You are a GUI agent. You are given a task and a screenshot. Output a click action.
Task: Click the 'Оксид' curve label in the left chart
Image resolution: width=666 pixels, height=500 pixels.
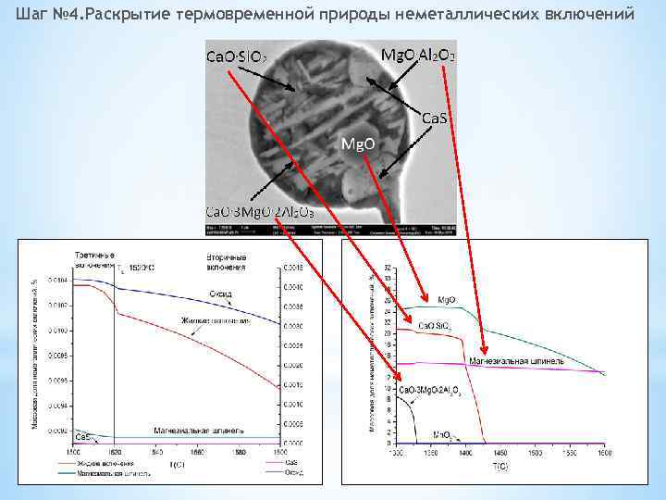pos(219,294)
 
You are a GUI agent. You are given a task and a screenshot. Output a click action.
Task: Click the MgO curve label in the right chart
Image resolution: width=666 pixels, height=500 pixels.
pos(445,300)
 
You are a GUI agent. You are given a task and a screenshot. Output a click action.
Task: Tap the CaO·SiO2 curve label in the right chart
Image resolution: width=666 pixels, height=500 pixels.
pos(435,326)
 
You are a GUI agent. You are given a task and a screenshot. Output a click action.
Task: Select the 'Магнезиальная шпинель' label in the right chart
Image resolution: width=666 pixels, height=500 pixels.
pos(512,359)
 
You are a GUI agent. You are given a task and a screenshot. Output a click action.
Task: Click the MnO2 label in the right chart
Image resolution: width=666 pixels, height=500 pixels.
pos(442,433)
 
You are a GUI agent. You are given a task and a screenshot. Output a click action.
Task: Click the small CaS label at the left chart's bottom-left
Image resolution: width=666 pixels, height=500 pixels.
pos(82,435)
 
